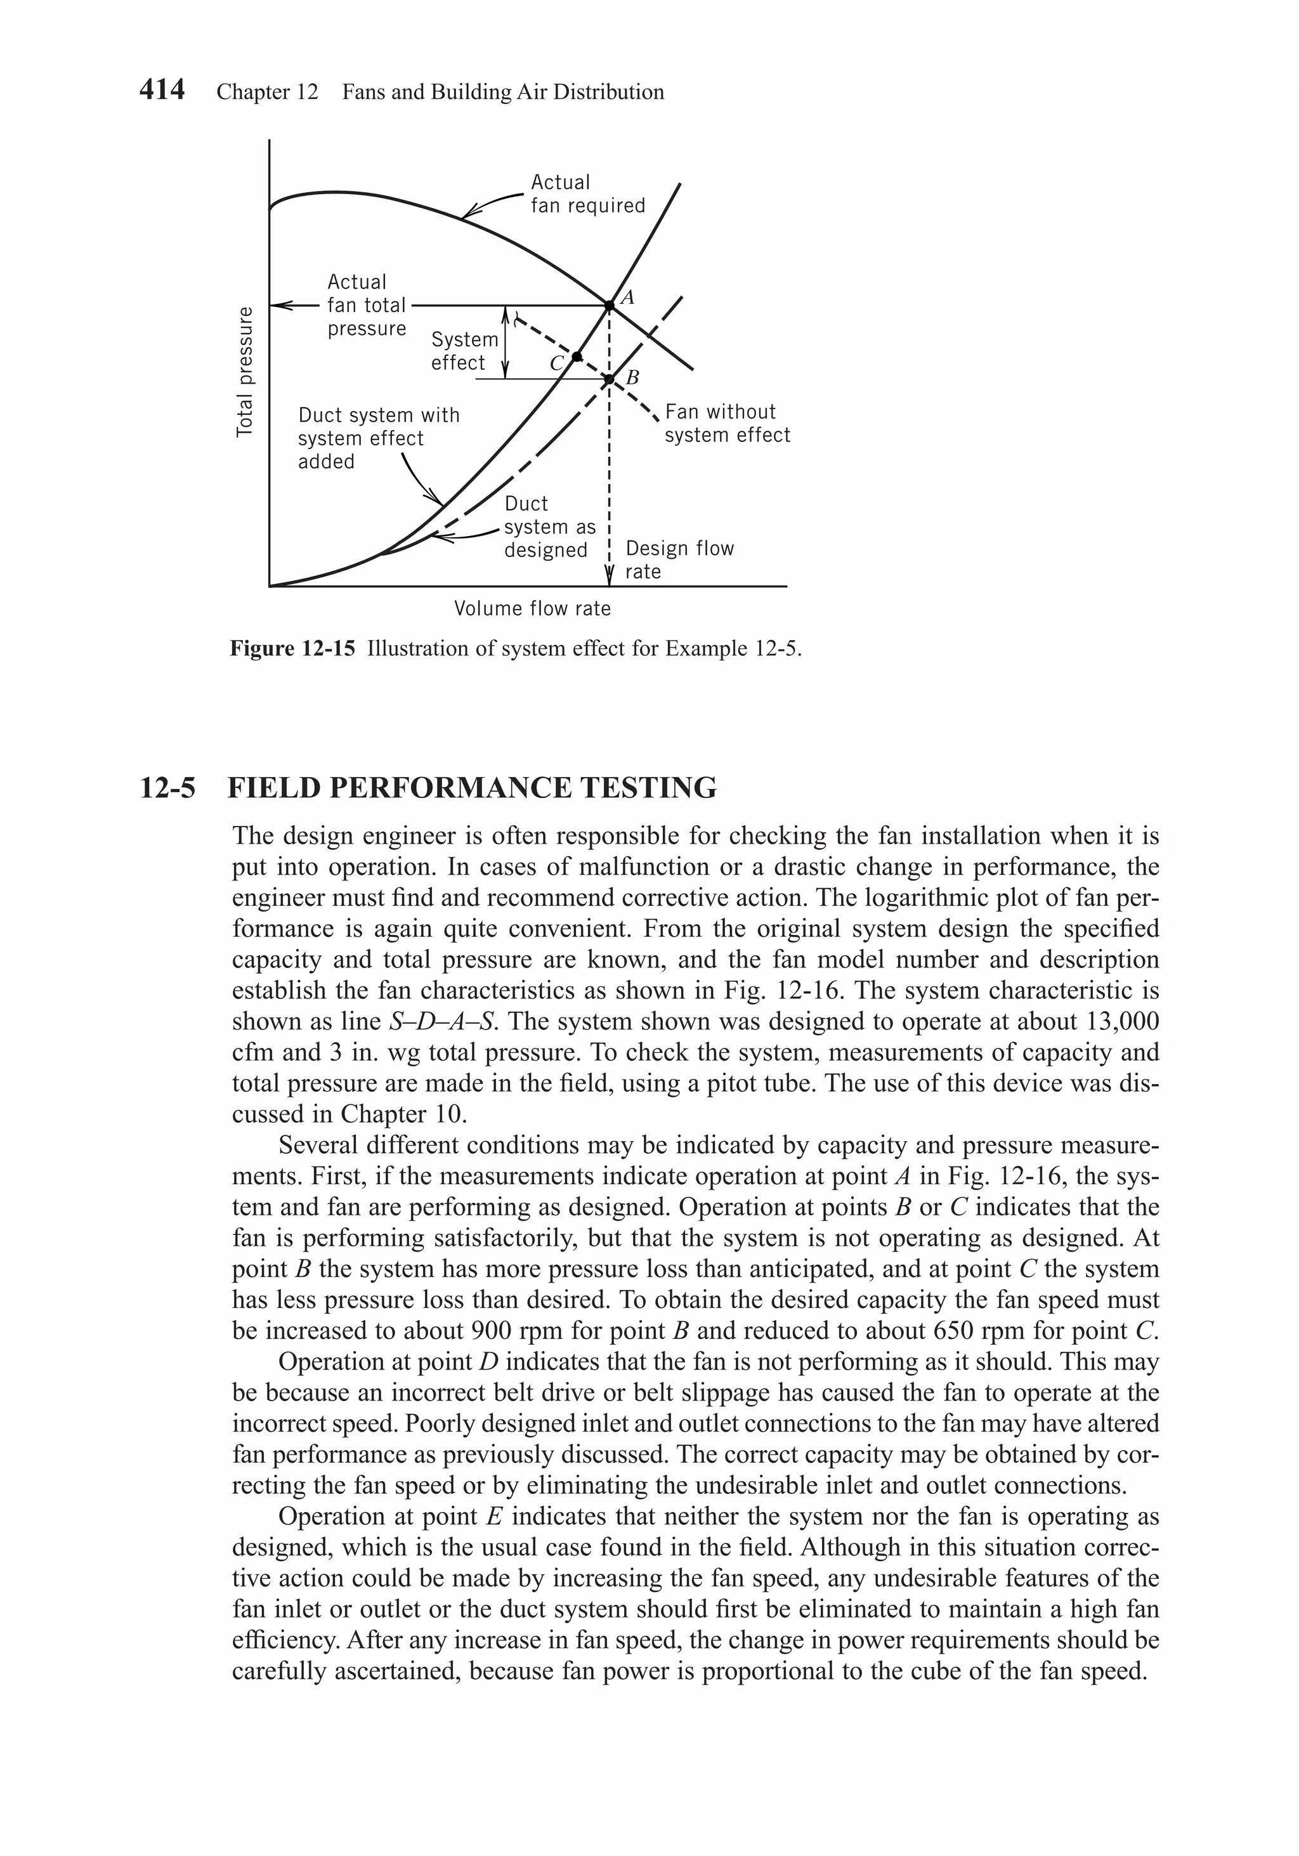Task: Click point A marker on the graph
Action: [609, 304]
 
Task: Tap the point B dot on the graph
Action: [610, 378]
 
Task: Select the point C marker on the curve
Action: [577, 356]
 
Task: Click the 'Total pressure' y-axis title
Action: [244, 372]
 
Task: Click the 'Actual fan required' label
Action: [587, 194]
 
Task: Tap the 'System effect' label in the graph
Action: [464, 351]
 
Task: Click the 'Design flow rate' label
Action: [679, 559]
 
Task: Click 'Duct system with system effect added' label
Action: [377, 438]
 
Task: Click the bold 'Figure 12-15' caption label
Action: [292, 649]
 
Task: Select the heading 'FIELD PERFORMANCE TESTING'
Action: [472, 787]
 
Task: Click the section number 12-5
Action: [167, 787]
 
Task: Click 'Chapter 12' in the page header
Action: [267, 92]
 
